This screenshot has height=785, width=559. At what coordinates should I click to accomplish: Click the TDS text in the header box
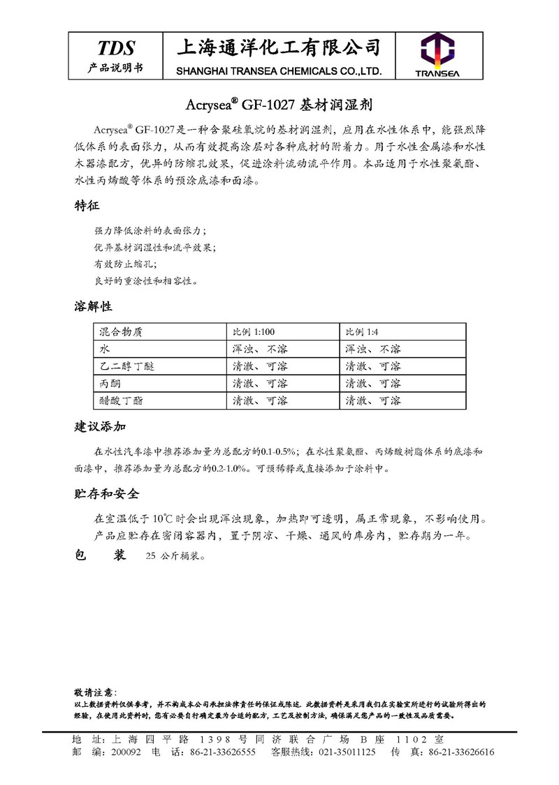pos(115,47)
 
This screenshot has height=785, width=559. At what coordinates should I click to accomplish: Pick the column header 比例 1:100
pos(254,331)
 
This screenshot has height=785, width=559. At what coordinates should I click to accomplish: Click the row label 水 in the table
pos(105,348)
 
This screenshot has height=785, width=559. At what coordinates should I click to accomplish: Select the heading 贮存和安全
pos(107,494)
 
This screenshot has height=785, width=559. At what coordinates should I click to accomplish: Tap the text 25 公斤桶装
pos(176,557)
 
